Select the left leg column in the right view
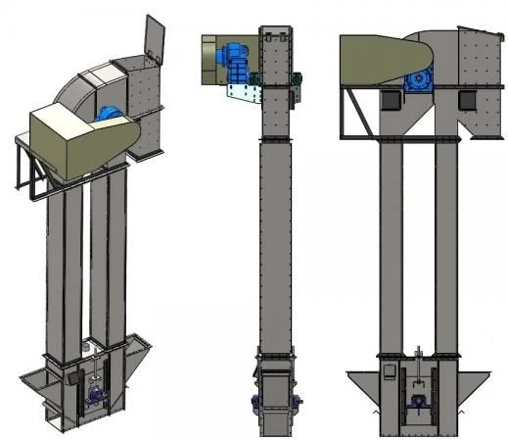391,245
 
